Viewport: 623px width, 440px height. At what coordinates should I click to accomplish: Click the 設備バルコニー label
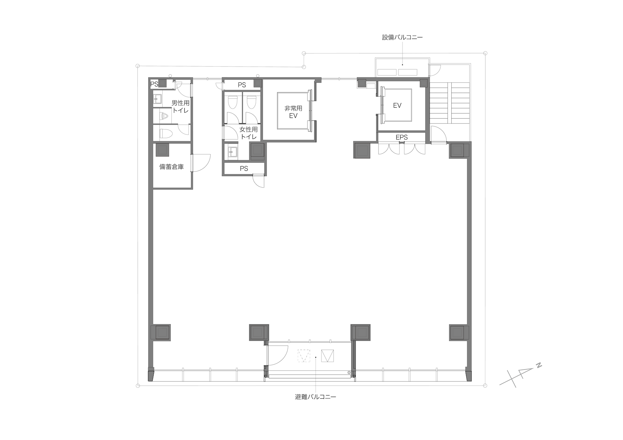coord(402,38)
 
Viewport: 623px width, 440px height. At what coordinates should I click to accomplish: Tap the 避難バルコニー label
coord(316,397)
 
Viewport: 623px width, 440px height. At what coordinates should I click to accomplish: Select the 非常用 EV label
coord(293,112)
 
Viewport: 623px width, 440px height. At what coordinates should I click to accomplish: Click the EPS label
coord(402,137)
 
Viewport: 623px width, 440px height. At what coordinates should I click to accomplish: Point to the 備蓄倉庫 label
coord(171,167)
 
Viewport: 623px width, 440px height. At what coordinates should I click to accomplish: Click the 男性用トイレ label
coord(180,106)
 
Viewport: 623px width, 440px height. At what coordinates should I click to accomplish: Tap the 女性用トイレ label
coord(249,133)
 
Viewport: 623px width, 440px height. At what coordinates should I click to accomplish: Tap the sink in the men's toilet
coord(157,99)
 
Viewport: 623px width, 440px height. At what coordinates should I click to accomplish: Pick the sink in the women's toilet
coord(232,152)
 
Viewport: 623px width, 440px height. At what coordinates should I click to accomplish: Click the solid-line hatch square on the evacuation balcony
coord(327,356)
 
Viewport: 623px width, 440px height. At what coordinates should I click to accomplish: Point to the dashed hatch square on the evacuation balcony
coord(304,356)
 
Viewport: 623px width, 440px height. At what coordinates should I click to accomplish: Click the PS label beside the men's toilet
coord(154,84)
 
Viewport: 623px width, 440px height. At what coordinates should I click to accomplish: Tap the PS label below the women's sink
coord(244,169)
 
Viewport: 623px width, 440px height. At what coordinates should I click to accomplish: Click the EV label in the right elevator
coord(397,105)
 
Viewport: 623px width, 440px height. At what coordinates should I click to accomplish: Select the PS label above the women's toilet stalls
coord(242,85)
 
